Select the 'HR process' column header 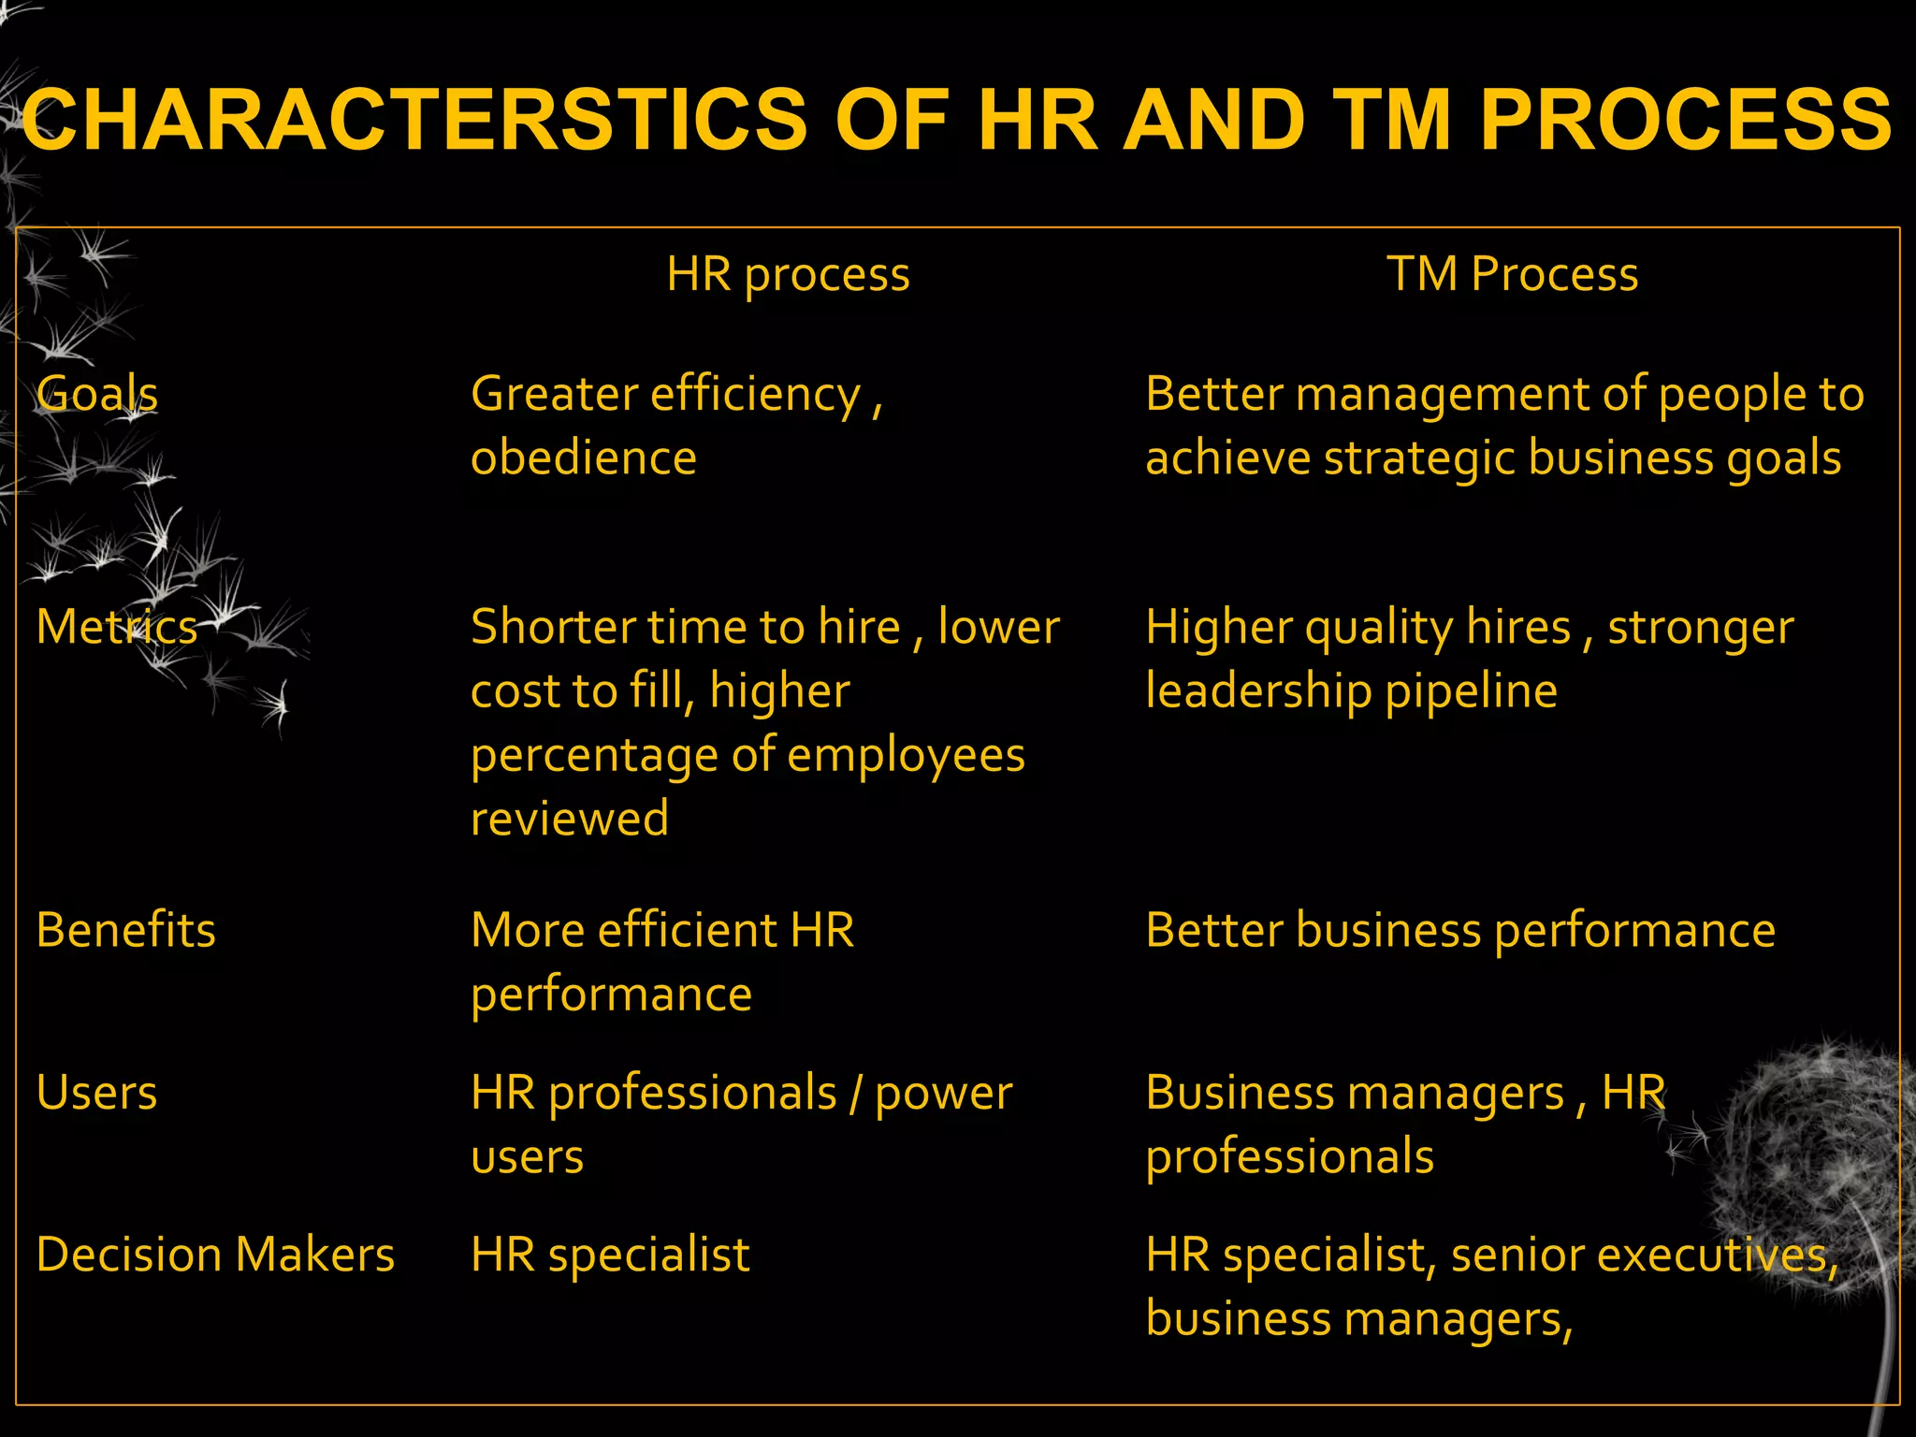788,274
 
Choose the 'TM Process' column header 1512,274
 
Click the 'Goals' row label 97,393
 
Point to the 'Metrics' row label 117,626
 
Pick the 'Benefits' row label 126,930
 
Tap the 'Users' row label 97,1092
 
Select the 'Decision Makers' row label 215,1255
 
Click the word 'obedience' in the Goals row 584,457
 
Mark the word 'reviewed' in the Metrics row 570,819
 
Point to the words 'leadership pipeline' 1351,691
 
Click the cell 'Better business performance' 1460,930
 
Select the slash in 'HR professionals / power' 855,1094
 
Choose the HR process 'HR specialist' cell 610,1255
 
